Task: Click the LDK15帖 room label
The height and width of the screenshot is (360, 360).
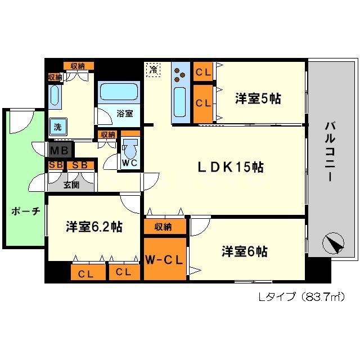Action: point(230,168)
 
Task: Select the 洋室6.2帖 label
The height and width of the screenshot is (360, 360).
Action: point(94,227)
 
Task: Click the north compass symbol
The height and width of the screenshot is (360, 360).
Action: point(333,244)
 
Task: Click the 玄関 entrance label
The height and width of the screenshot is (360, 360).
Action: point(70,184)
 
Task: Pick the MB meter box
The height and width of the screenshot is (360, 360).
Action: point(59,151)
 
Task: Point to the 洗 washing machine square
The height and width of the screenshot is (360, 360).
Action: point(57,127)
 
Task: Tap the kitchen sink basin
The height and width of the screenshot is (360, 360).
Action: point(181,101)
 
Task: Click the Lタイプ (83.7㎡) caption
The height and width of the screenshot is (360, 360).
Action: point(300,296)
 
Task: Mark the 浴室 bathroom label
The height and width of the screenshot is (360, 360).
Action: point(125,113)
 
